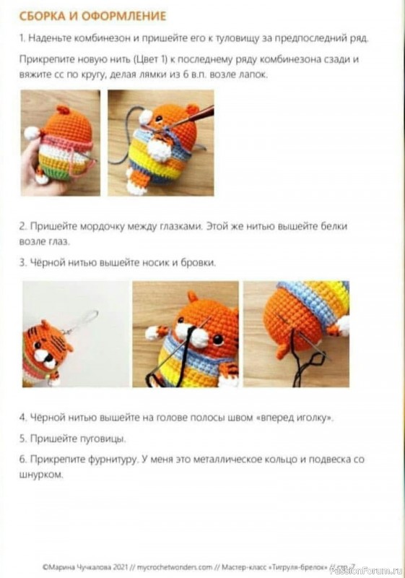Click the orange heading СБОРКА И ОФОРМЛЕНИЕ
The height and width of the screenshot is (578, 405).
click(x=93, y=16)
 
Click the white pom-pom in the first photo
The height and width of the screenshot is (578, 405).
click(x=32, y=133)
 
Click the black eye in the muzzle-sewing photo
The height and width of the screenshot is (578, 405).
click(x=218, y=339)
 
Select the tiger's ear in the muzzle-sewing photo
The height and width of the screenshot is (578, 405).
click(x=193, y=296)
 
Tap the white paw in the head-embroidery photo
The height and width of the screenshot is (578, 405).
click(x=343, y=327)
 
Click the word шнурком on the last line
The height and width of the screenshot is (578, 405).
click(x=41, y=475)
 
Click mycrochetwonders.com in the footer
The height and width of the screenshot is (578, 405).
click(x=175, y=566)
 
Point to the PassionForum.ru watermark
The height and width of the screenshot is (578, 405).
click(x=366, y=571)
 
